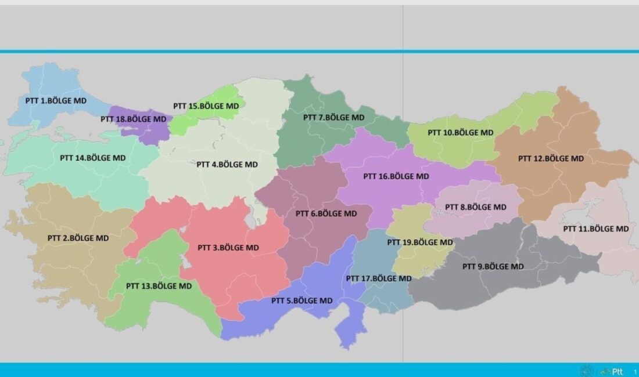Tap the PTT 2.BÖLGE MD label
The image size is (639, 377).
pos(78,238)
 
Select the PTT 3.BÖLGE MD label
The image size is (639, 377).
pos(228,248)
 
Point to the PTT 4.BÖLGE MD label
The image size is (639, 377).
pos(227,164)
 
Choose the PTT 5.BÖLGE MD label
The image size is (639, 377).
pos(302,300)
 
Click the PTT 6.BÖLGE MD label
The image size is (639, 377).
pos(326,213)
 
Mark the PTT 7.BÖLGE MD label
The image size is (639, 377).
pos(334,117)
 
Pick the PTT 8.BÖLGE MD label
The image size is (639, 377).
pos(475,207)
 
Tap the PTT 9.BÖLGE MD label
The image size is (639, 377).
pos(493,267)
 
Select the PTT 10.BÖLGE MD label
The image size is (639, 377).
pos(461,132)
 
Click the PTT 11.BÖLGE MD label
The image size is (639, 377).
pos(596,229)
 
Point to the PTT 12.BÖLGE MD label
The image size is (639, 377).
pos(551,158)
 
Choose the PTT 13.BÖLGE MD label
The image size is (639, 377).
pos(159,286)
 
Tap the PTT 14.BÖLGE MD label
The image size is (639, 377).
pos(93,157)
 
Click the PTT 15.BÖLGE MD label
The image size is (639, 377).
pos(206,106)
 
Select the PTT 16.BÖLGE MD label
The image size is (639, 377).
pos(396,176)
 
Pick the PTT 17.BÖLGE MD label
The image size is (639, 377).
pos(379,278)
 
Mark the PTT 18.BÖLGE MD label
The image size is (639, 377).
pos(134,119)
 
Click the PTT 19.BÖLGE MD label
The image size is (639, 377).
pos(420,242)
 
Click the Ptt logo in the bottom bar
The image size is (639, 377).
pos(616,371)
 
